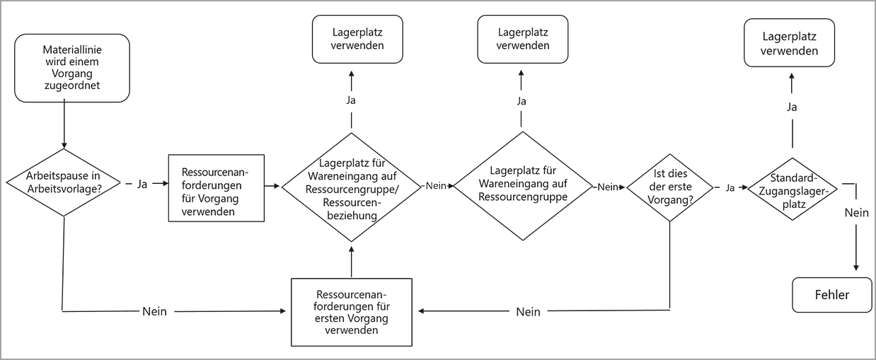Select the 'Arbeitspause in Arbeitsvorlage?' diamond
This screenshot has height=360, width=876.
(x=64, y=183)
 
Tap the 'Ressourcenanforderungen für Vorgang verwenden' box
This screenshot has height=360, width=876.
(x=216, y=187)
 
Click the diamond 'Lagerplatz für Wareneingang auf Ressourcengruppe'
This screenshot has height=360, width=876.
(x=521, y=186)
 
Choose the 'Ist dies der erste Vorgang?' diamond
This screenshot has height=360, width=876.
(x=669, y=187)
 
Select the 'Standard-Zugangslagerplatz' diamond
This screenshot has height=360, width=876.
(x=792, y=189)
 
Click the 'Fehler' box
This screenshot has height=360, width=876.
(x=831, y=295)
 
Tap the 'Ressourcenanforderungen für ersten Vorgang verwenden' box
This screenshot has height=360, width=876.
(x=352, y=312)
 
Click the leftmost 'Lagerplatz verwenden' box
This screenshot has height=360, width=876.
(x=357, y=39)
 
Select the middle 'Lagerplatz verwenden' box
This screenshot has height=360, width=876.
(x=522, y=39)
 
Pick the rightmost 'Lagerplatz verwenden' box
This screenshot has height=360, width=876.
(x=790, y=43)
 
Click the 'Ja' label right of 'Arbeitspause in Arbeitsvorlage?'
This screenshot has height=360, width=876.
(x=142, y=184)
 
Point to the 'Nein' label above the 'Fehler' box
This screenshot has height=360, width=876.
(x=856, y=212)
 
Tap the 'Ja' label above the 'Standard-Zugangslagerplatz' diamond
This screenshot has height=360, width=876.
(x=792, y=108)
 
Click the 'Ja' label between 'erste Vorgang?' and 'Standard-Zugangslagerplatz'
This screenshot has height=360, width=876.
(x=730, y=187)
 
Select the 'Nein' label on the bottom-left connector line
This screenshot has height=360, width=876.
(x=154, y=311)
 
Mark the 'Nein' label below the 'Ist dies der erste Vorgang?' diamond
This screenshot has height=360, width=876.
(x=528, y=311)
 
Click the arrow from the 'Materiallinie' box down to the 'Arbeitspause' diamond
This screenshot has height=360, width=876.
(x=64, y=124)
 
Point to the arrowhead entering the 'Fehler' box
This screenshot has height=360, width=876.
(x=856, y=267)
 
